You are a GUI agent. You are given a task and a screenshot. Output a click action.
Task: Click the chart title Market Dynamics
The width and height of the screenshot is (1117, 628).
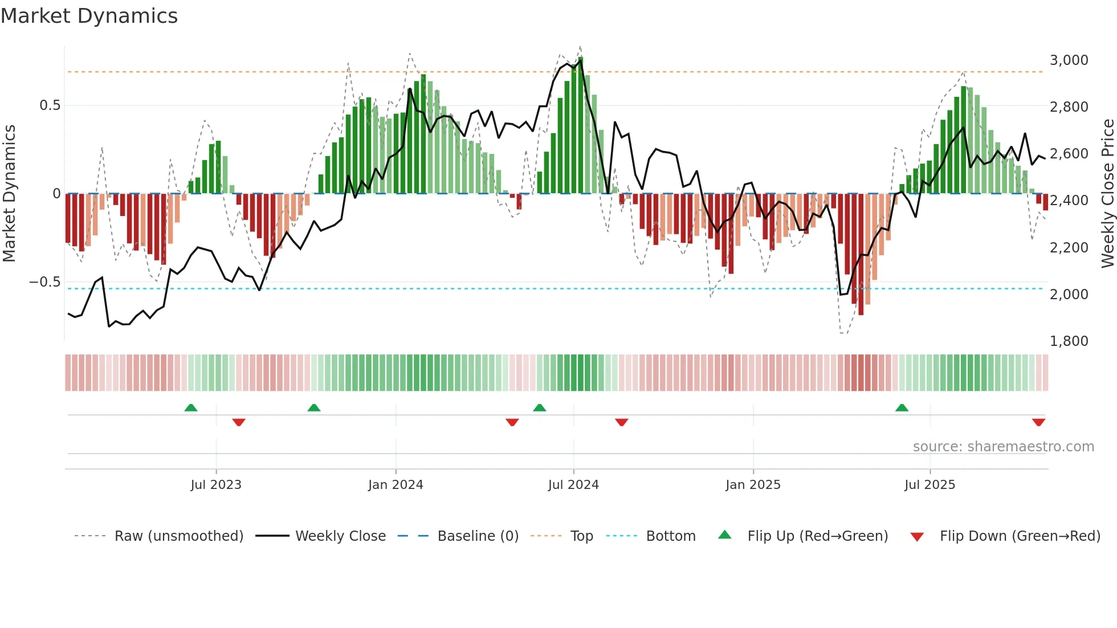89,16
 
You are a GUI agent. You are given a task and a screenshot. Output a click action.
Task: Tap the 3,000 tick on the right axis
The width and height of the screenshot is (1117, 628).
1069,60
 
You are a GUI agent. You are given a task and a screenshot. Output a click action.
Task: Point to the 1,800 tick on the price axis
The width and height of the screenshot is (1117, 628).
1069,341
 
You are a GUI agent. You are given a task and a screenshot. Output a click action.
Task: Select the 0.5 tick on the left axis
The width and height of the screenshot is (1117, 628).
50,105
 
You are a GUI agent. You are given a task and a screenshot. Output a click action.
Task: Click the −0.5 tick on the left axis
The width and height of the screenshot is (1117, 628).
44,282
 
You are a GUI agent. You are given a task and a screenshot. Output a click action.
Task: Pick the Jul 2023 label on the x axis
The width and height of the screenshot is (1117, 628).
216,484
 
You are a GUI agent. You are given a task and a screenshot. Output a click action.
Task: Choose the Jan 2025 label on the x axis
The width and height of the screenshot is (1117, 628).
753,484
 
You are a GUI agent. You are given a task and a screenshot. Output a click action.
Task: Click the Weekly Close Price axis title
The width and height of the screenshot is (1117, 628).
1107,193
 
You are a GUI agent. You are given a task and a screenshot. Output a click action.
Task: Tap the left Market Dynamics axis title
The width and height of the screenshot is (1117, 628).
9,193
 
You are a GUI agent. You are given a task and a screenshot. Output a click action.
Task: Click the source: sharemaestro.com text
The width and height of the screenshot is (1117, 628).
1003,446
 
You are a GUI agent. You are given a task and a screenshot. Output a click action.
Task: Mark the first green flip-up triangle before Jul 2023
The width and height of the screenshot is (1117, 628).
191,407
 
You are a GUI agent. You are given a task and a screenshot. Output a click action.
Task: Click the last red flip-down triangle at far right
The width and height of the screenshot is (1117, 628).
1038,422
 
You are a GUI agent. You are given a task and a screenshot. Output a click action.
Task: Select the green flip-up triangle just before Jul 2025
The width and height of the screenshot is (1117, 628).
902,407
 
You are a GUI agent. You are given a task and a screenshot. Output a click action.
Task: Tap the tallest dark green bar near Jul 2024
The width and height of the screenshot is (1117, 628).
581,125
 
